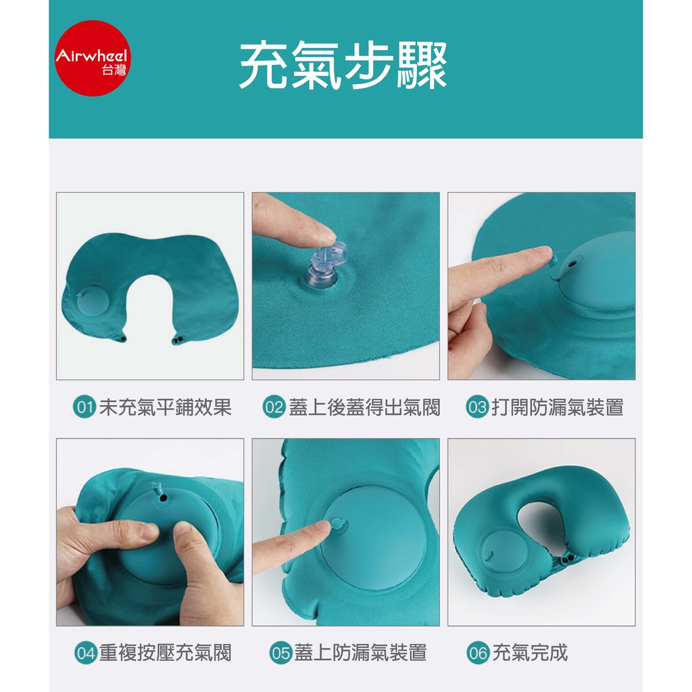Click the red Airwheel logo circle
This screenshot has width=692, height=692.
click(x=93, y=58)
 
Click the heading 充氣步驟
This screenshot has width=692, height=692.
click(x=343, y=65)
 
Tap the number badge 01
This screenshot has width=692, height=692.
click(x=84, y=407)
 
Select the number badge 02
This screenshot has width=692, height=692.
click(x=274, y=407)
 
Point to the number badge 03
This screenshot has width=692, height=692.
click(x=477, y=407)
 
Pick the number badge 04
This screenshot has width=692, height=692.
click(x=86, y=653)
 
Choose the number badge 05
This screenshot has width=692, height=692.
click(x=280, y=653)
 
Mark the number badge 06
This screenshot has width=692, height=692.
click(x=478, y=653)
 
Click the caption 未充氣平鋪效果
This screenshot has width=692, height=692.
click(x=166, y=407)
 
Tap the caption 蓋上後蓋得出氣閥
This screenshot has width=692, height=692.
click(x=364, y=407)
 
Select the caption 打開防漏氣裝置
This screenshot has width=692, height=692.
click(x=558, y=407)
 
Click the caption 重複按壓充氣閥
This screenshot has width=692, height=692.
click(x=166, y=653)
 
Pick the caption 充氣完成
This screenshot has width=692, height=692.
click(x=530, y=653)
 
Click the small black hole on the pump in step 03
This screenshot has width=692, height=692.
click(x=572, y=265)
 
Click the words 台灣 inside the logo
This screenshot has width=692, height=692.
click(x=114, y=70)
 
